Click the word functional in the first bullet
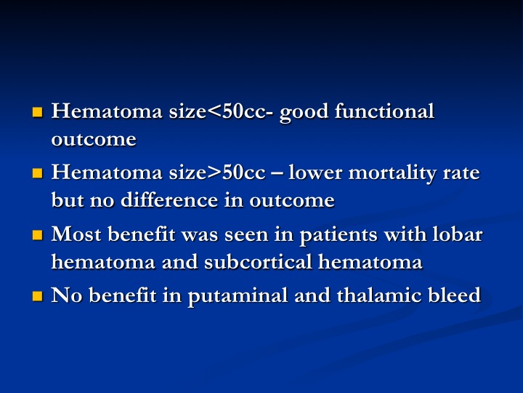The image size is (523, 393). (x=384, y=111)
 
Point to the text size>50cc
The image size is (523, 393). (x=217, y=172)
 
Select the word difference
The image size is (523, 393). (x=169, y=200)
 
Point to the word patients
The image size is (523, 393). (x=338, y=236)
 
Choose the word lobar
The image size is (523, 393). (x=458, y=234)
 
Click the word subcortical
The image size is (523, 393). (x=258, y=261)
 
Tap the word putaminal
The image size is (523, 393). (x=238, y=297)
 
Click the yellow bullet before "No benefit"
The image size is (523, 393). (x=38, y=296)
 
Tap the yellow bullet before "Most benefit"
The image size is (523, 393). (x=38, y=235)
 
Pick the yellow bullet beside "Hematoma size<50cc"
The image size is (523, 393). (x=38, y=112)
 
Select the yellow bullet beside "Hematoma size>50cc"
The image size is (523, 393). (x=38, y=173)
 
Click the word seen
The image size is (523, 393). (x=246, y=235)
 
